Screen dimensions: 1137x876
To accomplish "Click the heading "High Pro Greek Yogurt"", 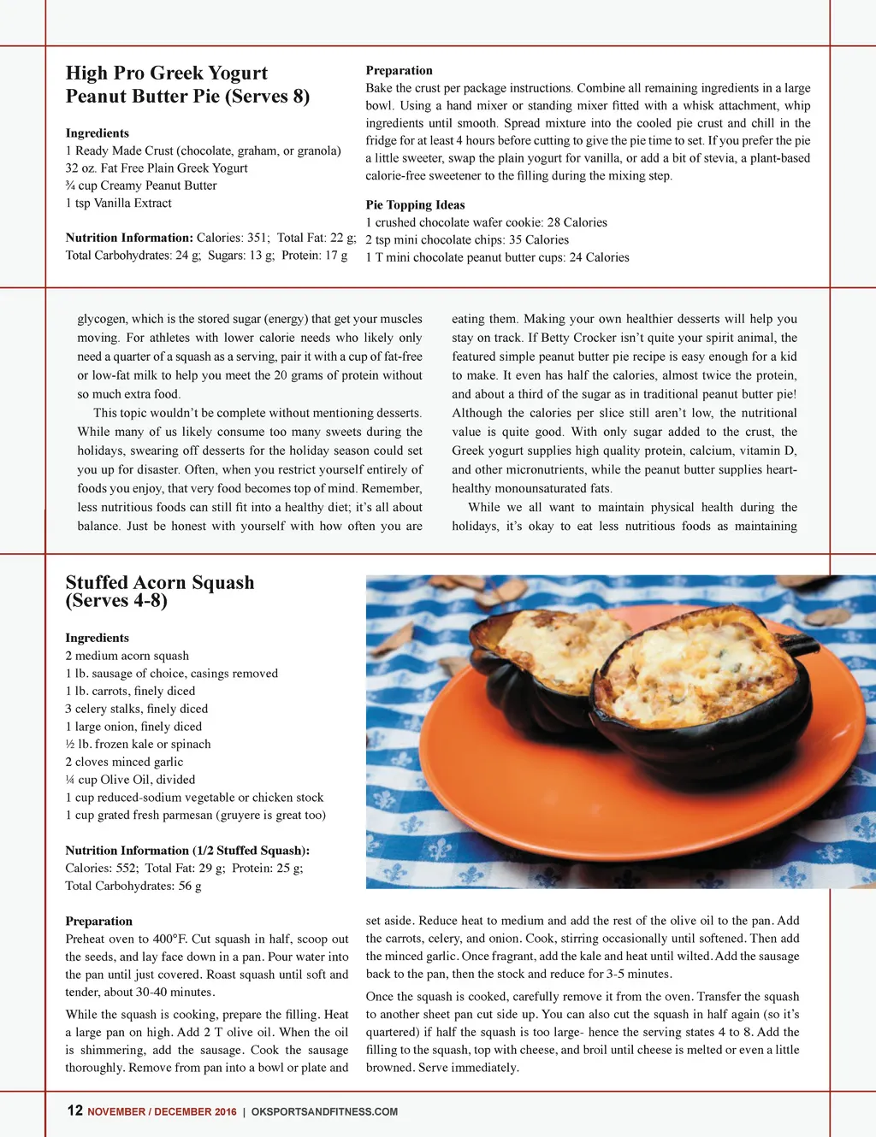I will pos(167,74).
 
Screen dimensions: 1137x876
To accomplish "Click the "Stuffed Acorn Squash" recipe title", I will pos(160,582).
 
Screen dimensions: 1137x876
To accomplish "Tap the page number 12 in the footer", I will pos(75,1110).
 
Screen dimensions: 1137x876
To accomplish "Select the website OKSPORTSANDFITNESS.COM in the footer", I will pos(324,1111).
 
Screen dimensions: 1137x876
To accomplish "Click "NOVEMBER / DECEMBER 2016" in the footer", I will pos(162,1111).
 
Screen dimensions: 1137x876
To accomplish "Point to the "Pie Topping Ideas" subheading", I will pos(415,205).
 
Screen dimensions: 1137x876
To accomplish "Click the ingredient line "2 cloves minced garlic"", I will pos(124,762).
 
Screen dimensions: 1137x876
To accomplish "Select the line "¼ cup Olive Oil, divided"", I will pos(130,780).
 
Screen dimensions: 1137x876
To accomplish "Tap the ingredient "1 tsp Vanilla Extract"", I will pos(118,203).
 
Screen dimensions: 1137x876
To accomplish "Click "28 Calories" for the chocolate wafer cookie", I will pos(577,222).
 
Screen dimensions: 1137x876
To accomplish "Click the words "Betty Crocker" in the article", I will pos(583,338).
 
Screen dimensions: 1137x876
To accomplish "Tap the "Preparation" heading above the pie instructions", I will pos(399,71).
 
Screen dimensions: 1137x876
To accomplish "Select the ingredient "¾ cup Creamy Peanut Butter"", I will pos(141,186).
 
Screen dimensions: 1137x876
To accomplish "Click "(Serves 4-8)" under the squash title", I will pos(116,601).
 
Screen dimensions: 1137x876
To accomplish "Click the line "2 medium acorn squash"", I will pos(127,656).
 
